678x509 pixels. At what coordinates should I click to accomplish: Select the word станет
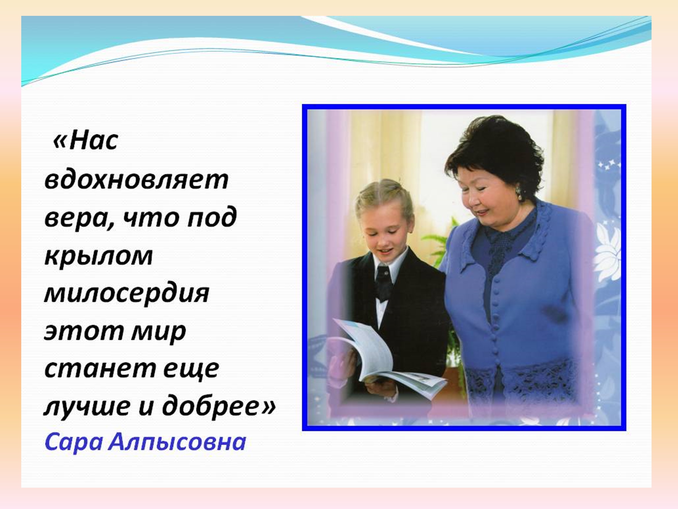[100, 369]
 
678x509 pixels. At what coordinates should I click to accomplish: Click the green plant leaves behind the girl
[441, 242]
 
